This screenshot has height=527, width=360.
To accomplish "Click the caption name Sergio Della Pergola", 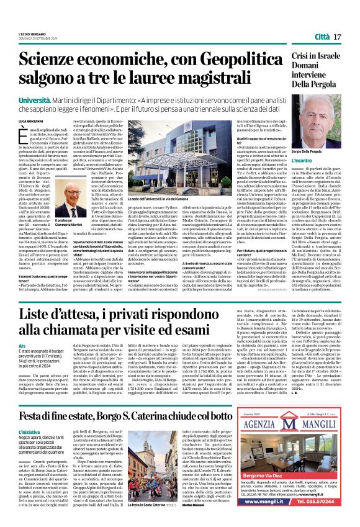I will [310, 152].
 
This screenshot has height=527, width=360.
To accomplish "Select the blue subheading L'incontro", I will [303, 160].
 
